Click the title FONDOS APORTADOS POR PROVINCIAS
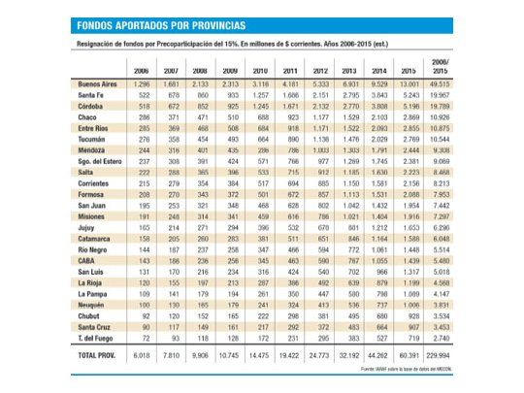tap(162, 25)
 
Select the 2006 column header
tap(141, 72)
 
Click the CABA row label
tap(86, 261)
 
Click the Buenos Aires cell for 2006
tap(141, 85)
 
